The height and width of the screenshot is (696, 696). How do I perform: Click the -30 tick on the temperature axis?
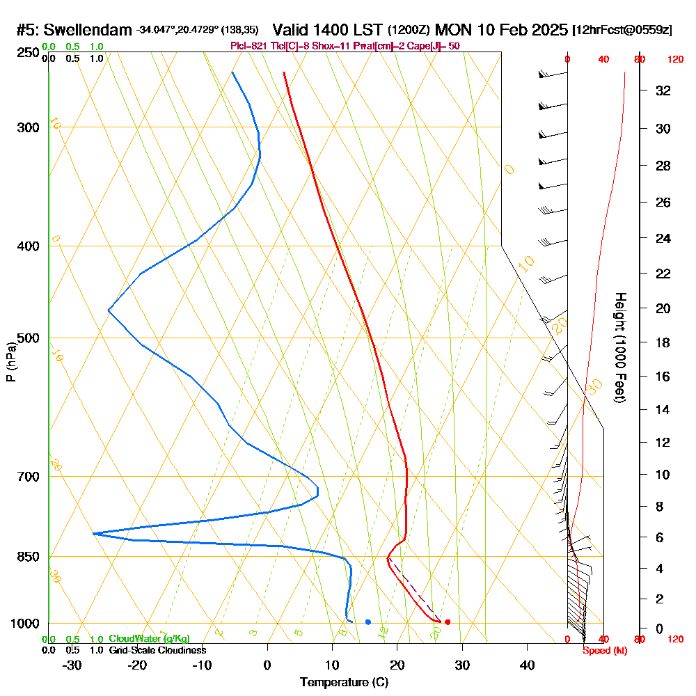pyautogui.click(x=72, y=665)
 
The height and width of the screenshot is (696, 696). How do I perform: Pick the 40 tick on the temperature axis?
pyautogui.click(x=528, y=665)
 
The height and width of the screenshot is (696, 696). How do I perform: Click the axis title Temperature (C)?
pyautogui.click(x=344, y=683)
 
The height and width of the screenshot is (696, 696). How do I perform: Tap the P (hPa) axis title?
pyautogui.click(x=10, y=362)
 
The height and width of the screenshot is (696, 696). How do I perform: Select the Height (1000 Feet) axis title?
pyautogui.click(x=619, y=347)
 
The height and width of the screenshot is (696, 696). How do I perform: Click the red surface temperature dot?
pyautogui.click(x=448, y=622)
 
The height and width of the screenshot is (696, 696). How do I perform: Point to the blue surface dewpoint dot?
pyautogui.click(x=367, y=622)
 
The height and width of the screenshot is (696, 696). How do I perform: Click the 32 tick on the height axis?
pyautogui.click(x=663, y=90)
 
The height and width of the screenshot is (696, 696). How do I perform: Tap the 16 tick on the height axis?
pyautogui.click(x=663, y=377)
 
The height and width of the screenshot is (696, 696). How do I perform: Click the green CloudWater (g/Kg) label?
pyautogui.click(x=149, y=639)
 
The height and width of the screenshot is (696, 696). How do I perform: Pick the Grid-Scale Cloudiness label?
pyautogui.click(x=157, y=650)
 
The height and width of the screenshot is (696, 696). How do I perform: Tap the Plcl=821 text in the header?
pyautogui.click(x=248, y=46)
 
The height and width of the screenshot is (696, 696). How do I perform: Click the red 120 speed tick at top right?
pyautogui.click(x=674, y=60)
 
